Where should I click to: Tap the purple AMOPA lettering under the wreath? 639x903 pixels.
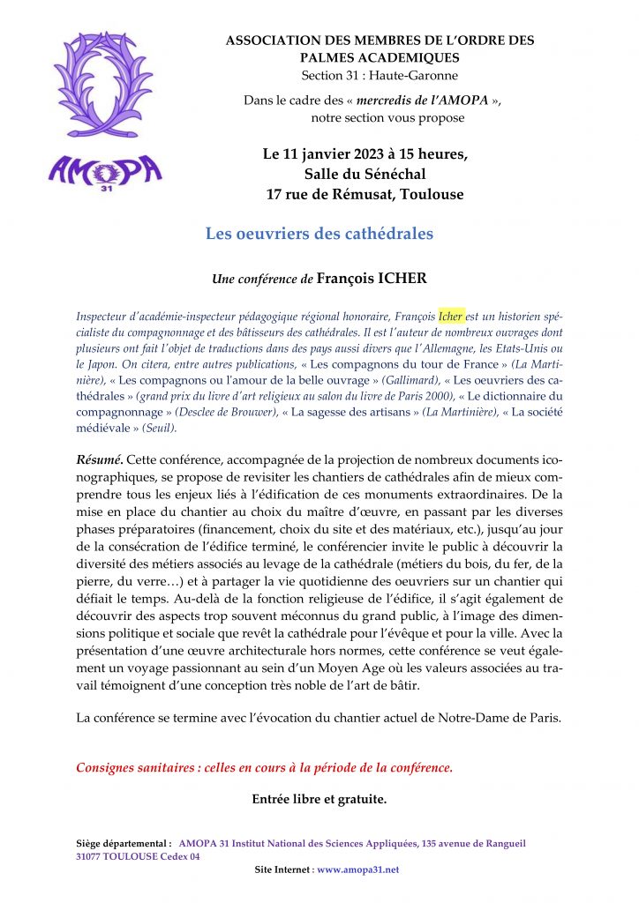105,168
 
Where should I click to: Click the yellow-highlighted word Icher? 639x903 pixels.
451,316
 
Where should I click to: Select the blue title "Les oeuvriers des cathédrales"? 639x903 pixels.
319,234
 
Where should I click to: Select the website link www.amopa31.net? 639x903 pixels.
357,869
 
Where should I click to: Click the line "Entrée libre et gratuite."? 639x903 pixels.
319,801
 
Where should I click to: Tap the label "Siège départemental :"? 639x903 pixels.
124,843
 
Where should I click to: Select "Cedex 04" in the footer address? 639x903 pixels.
179,856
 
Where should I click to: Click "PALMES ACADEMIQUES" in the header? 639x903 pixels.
380,57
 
